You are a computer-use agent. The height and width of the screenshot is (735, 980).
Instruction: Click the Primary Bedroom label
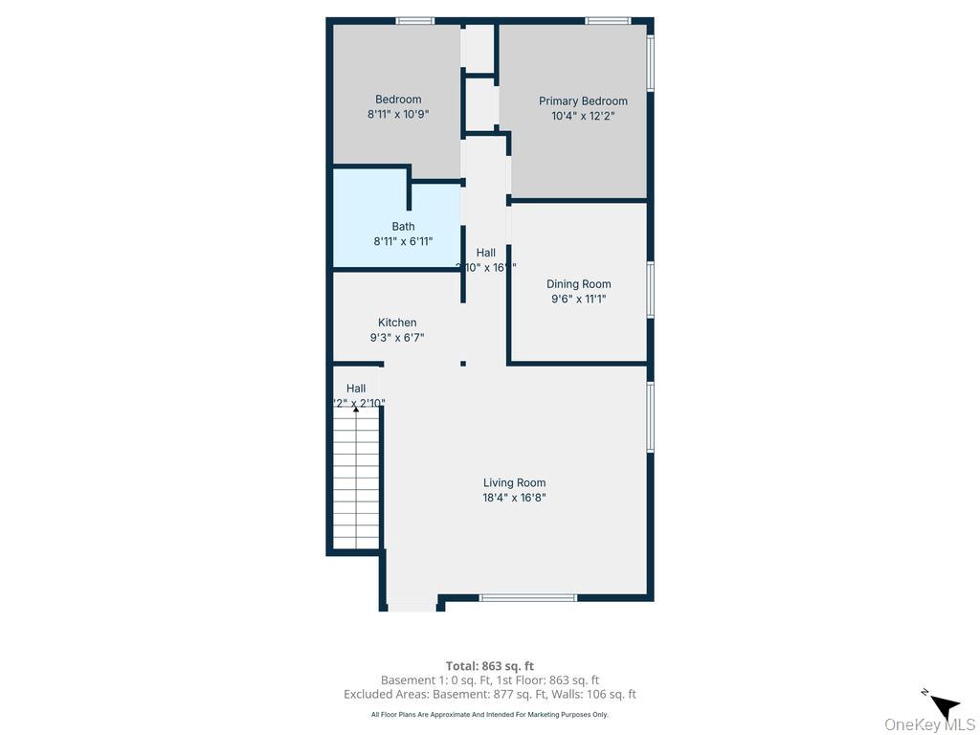point(583,100)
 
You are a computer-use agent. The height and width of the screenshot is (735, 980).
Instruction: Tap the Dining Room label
point(578,284)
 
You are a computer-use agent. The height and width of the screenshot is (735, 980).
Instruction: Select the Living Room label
point(514,483)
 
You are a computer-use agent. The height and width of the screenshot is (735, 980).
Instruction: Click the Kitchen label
point(396,323)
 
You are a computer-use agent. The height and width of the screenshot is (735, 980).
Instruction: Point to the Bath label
point(403,227)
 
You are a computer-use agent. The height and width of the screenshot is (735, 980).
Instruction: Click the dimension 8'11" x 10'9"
point(398,114)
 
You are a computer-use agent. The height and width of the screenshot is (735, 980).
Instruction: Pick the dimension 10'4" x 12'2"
point(583,116)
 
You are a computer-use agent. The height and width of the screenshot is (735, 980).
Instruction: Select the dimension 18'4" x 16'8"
point(514,498)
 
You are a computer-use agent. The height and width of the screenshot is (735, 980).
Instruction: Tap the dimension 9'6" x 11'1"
point(578,299)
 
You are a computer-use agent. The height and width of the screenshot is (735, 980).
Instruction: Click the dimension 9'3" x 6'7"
point(396,337)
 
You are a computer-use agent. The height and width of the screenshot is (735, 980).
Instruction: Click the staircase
point(356,479)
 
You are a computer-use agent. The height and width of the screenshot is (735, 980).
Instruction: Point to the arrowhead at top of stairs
point(356,408)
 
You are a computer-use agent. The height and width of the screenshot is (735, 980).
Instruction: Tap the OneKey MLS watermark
point(929,724)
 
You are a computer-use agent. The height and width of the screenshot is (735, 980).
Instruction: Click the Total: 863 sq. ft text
point(489,666)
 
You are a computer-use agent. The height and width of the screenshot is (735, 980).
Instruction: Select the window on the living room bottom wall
point(528,598)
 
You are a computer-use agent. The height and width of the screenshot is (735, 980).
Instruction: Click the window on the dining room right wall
point(651,289)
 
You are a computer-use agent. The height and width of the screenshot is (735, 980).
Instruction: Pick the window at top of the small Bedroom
point(414,20)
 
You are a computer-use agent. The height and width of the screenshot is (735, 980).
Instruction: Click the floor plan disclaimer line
point(489,714)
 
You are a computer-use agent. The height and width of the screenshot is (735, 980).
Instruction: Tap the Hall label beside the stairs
point(356,389)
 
